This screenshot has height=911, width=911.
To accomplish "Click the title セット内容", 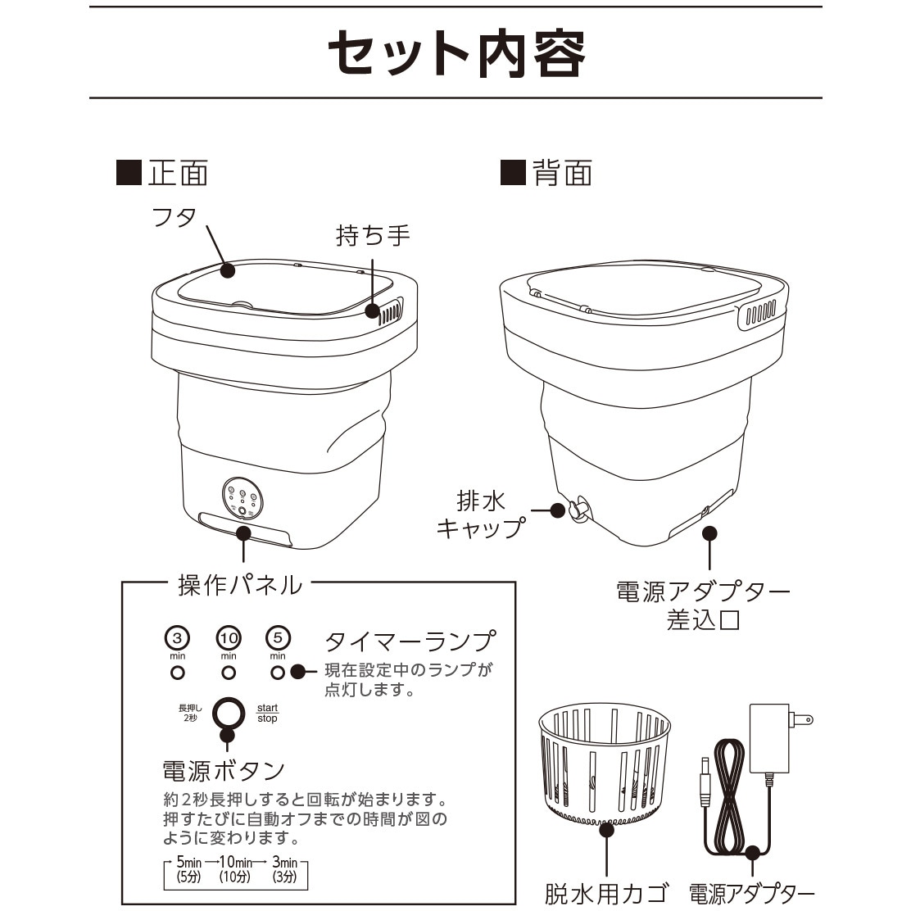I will tap(455, 53).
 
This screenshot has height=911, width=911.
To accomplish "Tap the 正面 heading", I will tap(163, 173).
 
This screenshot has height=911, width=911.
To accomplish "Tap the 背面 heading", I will tap(546, 173).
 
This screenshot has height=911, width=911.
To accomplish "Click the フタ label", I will tap(174, 217).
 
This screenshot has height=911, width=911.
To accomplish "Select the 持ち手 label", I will tap(373, 235).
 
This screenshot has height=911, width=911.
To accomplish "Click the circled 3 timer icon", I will tap(178, 637).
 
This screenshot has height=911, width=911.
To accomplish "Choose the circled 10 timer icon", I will tap(229, 637).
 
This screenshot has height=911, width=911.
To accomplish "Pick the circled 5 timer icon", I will tap(279, 637).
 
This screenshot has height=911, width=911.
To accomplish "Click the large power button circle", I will tap(228, 713).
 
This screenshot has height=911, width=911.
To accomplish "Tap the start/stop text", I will tap(268, 713).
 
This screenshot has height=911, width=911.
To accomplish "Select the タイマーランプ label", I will tap(410, 641).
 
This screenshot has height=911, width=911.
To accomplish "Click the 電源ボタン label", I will tap(224, 770).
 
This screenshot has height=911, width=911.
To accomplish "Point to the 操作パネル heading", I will tap(240, 584).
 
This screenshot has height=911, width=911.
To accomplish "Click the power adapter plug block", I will tap(770, 737).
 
